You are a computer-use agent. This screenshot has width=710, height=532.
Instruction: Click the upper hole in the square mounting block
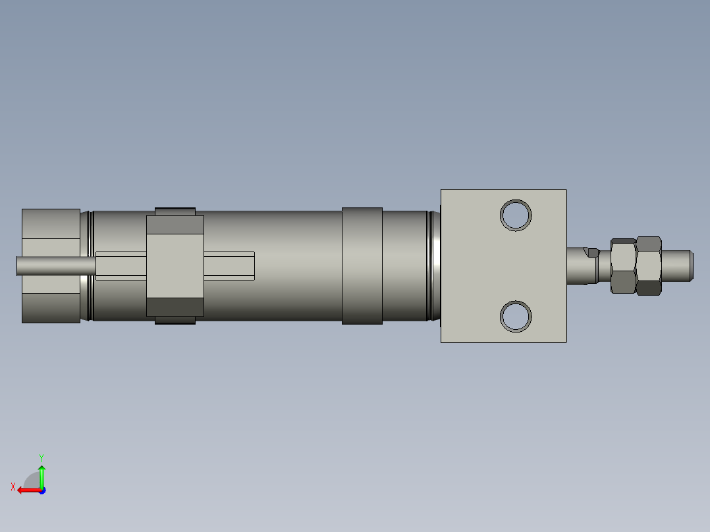click(516, 215)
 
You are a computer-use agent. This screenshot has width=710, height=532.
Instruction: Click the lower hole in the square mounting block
click(516, 317)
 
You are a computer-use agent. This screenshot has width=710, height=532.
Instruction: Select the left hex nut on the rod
click(623, 265)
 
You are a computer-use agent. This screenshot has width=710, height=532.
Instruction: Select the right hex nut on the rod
click(649, 265)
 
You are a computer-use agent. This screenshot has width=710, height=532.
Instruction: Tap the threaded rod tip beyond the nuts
click(678, 265)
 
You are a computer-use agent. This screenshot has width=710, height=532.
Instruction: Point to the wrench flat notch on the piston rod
click(592, 252)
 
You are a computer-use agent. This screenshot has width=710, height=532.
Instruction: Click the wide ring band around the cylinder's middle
click(362, 265)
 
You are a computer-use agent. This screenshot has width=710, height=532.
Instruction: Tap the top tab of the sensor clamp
click(175, 211)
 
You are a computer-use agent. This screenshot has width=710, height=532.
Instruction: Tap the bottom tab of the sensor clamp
click(175, 320)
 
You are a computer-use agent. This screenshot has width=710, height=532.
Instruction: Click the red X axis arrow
click(27, 490)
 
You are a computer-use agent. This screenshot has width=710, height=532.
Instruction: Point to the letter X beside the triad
click(13, 487)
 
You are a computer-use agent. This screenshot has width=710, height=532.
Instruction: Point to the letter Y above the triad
click(41, 457)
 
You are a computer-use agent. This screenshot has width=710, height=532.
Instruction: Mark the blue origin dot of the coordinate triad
click(41, 490)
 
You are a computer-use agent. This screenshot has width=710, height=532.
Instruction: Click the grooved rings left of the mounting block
click(433, 265)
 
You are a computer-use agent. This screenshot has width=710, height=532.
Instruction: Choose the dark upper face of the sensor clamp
click(175, 225)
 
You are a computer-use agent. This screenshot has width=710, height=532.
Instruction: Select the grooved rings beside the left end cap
click(86, 265)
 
